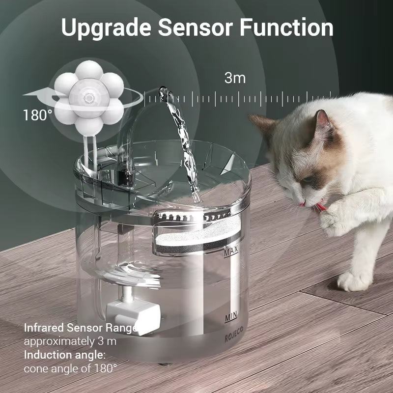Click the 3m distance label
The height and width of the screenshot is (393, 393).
click(x=235, y=78)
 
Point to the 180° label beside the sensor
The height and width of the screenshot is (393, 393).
click(x=38, y=115)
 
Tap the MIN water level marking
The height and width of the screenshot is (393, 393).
click(x=231, y=318)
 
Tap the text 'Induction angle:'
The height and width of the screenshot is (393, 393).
click(x=64, y=355)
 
